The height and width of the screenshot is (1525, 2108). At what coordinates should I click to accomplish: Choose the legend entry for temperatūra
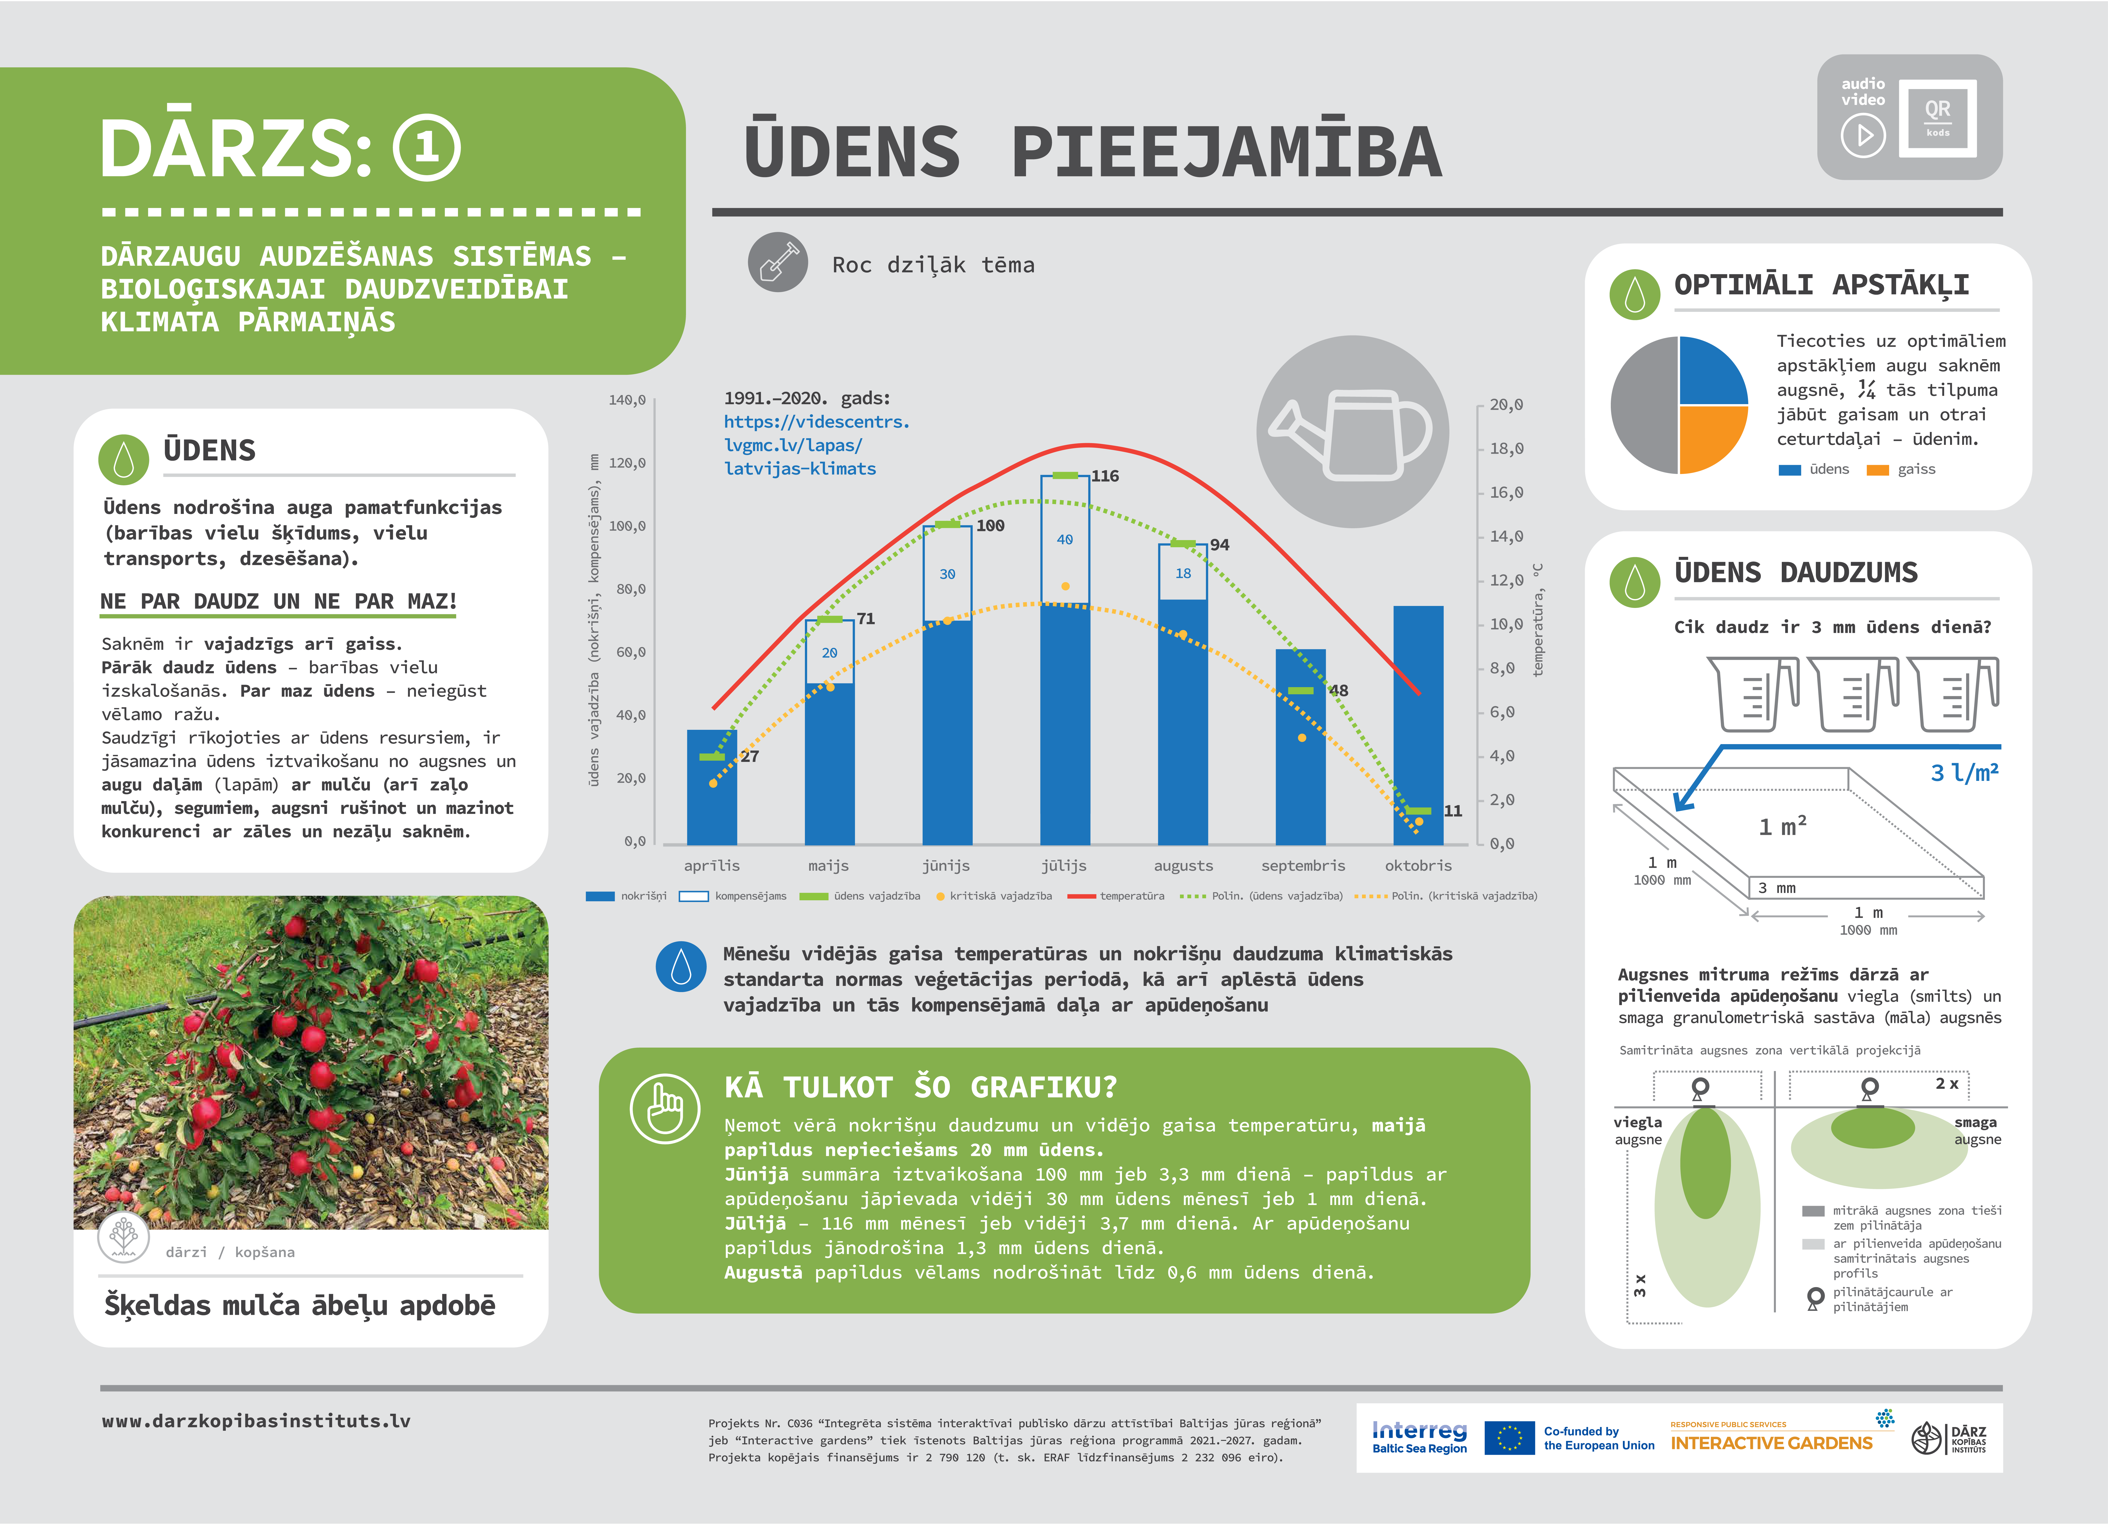coord(1115,896)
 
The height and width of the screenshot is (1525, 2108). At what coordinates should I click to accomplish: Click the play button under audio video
coord(1863,136)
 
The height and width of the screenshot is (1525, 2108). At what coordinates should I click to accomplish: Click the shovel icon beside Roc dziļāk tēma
coord(778,262)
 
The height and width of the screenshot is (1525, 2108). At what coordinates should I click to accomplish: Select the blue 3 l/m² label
coord(1964,772)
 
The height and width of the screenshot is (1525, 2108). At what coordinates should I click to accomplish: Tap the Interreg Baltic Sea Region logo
coord(1419,1437)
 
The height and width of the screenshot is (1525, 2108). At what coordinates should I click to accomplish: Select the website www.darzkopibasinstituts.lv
coord(256,1421)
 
